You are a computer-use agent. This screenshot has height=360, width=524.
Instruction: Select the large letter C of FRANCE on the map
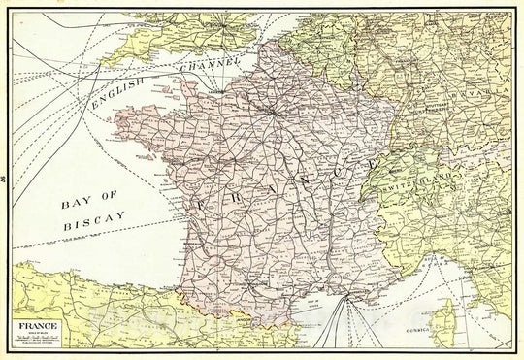(x=341, y=171)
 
